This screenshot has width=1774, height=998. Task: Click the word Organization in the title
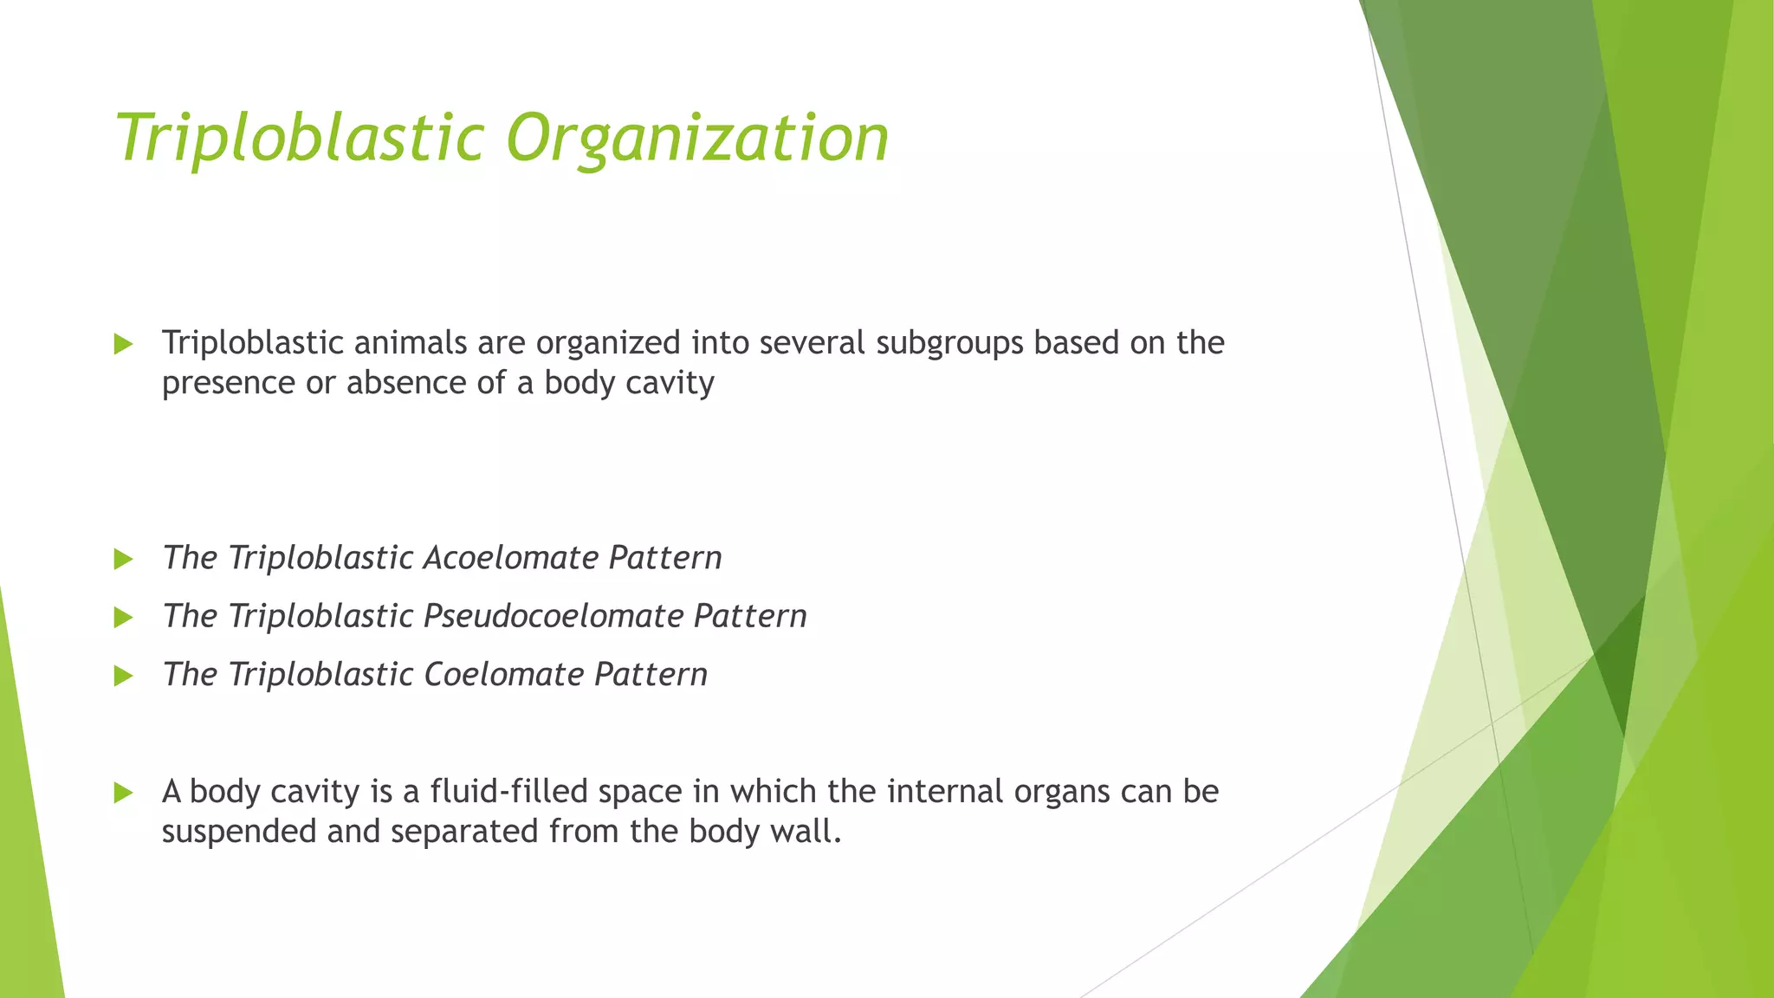(697, 139)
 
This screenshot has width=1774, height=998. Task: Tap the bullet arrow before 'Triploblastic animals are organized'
(123, 345)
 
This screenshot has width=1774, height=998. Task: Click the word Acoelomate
(511, 558)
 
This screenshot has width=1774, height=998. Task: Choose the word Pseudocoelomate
(554, 617)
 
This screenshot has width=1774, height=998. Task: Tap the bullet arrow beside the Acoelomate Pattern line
(123, 560)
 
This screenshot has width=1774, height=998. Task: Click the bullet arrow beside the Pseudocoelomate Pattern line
(123, 618)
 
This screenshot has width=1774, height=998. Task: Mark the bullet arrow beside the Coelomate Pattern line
(123, 676)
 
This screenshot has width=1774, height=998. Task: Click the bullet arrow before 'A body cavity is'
(123, 793)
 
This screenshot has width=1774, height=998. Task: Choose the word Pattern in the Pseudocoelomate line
(750, 617)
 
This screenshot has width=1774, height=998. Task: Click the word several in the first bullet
(813, 343)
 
